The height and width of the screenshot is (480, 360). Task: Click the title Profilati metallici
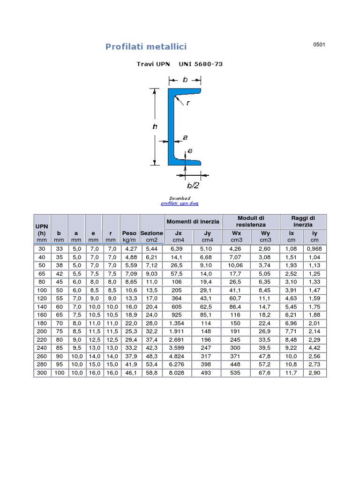146,46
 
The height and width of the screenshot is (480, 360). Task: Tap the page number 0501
319,45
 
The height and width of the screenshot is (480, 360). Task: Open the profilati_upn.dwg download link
180,203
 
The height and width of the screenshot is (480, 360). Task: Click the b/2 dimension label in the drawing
193,185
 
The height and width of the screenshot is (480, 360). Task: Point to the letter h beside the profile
155,126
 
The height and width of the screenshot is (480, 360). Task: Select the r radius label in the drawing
188,103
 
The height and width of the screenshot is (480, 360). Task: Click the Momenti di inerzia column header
192,221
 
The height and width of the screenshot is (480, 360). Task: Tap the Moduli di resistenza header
251,221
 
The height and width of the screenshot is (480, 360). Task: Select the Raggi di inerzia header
303,221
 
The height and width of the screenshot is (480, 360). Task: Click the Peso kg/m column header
129,236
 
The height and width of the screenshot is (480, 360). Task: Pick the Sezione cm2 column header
151,236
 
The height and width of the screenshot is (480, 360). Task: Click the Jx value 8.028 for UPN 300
178,373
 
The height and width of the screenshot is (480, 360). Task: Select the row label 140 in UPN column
42,307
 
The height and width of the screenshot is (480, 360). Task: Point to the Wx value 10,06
236,265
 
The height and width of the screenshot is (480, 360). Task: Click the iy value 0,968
315,248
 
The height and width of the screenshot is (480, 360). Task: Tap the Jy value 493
207,373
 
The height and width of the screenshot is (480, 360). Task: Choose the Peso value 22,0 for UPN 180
129,323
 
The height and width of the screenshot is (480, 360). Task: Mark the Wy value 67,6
265,373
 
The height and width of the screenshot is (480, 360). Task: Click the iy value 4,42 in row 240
315,348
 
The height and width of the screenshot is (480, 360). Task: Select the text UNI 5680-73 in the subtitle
201,64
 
